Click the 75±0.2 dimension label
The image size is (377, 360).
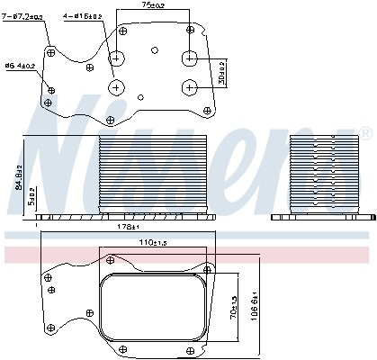154,6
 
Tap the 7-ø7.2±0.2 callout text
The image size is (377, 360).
24,17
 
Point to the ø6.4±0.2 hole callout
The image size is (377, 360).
21,67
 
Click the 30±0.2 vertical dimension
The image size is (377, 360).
220,71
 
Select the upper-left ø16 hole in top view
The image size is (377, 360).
118,59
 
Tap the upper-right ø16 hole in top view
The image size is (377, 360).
189,58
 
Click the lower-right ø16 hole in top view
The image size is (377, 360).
189,86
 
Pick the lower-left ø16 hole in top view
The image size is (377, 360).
118,87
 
